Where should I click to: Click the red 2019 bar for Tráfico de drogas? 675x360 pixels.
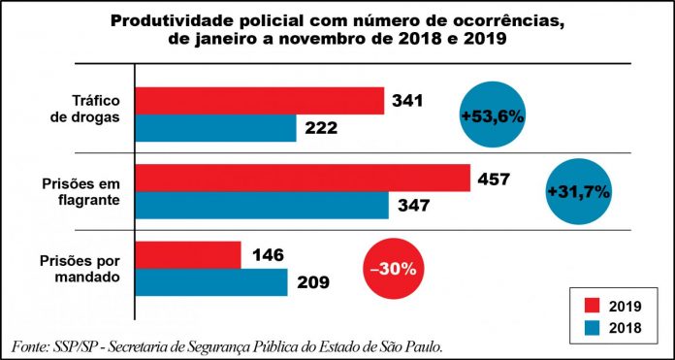coord(260,101)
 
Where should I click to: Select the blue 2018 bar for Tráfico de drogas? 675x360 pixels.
coord(215,128)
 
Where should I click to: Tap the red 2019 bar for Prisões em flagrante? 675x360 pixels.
coord(302,178)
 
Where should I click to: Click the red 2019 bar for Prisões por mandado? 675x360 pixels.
coord(188,255)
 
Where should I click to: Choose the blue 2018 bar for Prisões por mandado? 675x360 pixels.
coord(211,282)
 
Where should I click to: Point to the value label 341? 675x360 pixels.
coord(411,100)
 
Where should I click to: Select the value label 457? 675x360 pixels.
coord(498,178)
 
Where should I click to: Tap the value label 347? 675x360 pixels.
coord(416,206)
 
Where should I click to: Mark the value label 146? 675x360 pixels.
coord(267,255)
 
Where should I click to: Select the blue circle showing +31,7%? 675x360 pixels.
coord(578,191)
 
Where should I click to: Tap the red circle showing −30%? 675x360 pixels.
coord(393,269)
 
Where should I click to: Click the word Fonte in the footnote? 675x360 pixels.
coord(32,346)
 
